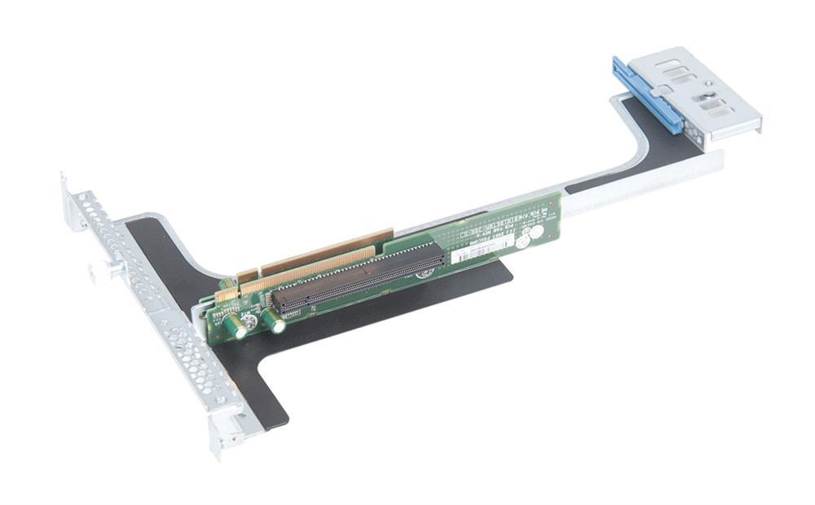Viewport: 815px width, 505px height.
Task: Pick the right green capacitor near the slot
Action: (275, 321)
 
